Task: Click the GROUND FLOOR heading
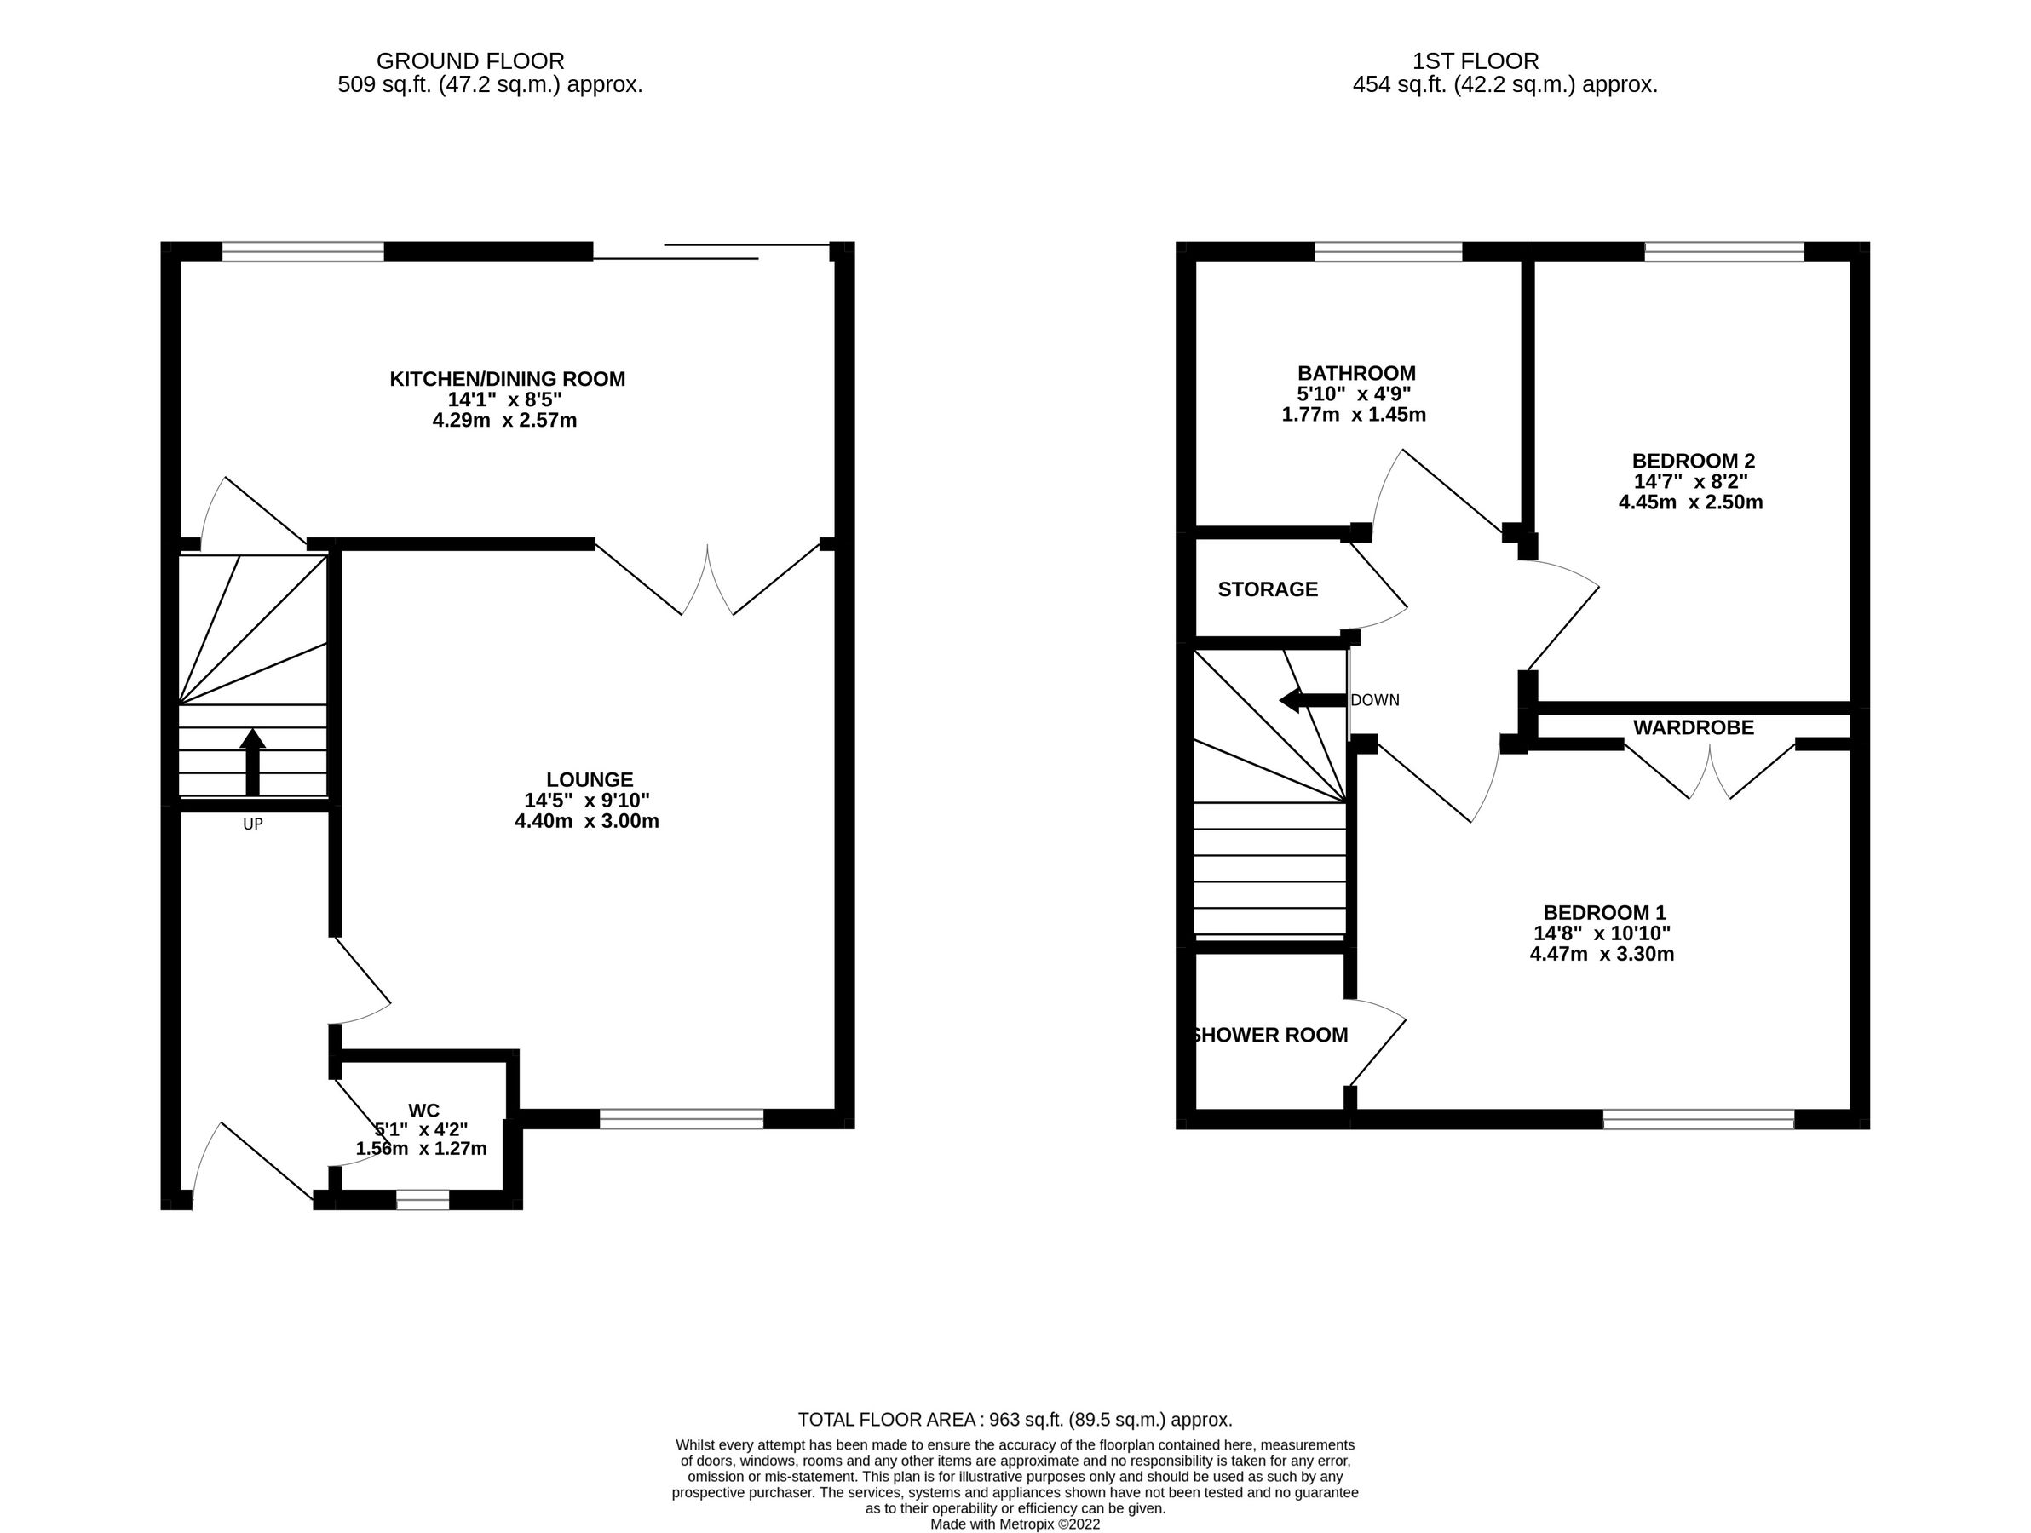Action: tap(470, 61)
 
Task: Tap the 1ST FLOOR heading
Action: tap(1476, 61)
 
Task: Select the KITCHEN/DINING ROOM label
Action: tap(507, 378)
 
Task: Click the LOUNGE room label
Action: tap(590, 779)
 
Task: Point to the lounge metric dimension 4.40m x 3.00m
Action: tap(587, 821)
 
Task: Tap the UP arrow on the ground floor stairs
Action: tap(252, 762)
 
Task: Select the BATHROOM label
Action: tap(1356, 373)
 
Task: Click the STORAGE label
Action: tap(1267, 589)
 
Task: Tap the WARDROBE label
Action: tap(1693, 728)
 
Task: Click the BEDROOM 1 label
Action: tap(1604, 912)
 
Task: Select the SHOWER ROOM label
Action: tap(1271, 1036)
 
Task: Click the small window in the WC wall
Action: tap(423, 1200)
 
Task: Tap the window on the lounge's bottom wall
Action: tap(681, 1118)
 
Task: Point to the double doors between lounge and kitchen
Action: tap(707, 580)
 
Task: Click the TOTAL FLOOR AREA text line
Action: tap(1015, 1420)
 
